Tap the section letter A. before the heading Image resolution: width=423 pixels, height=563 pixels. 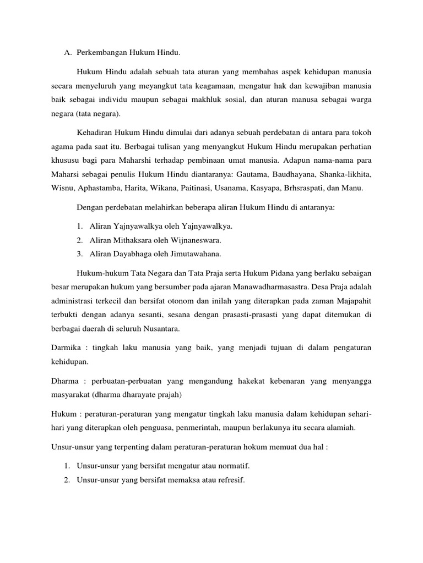click(68, 53)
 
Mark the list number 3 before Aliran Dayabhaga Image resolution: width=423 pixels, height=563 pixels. click(80, 253)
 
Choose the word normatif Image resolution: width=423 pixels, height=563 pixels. click(234, 466)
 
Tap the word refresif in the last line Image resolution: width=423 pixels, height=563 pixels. click(230, 479)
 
